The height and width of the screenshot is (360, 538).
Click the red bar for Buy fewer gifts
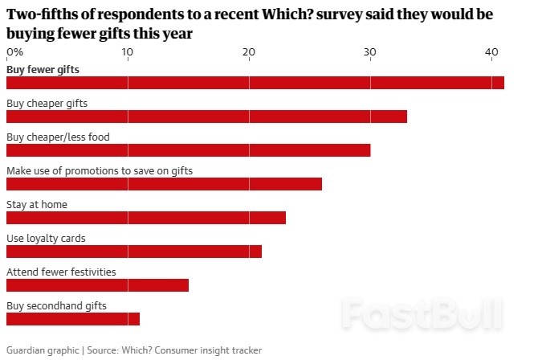[x=255, y=83]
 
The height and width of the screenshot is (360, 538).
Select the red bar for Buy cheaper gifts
[x=206, y=117]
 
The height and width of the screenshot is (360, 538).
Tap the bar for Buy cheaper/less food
[x=188, y=150]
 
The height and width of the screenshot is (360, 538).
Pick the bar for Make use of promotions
[x=164, y=184]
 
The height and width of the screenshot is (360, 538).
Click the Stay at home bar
[x=145, y=218]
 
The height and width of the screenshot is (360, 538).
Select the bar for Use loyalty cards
[x=133, y=252]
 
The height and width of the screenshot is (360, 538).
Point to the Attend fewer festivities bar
[x=97, y=285]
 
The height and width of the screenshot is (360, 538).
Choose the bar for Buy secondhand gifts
[x=72, y=319]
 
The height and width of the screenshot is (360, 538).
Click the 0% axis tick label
[x=14, y=52]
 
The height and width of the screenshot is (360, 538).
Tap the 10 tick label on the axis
[x=128, y=52]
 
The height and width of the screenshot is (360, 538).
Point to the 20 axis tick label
[x=249, y=52]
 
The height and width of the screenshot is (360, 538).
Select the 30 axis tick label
[x=370, y=52]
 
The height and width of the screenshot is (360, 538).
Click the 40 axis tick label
[x=491, y=52]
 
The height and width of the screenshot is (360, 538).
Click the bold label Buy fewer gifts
[x=43, y=69]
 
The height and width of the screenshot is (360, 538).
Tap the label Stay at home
[x=37, y=205]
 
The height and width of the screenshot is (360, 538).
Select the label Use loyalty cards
[x=46, y=239]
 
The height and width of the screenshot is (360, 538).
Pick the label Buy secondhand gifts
[x=56, y=306]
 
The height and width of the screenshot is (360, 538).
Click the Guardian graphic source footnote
[x=133, y=350]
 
